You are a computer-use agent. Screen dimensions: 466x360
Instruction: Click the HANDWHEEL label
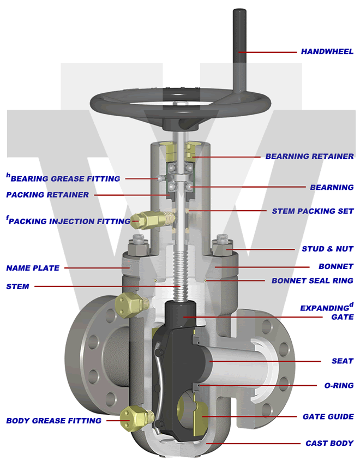(x=327, y=52)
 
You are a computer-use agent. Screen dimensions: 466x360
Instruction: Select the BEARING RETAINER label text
(x=309, y=156)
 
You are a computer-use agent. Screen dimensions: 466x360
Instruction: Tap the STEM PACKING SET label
(x=313, y=211)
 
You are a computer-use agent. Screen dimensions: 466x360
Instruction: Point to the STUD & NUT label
(x=327, y=249)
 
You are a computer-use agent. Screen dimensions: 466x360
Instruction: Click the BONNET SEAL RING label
(x=312, y=281)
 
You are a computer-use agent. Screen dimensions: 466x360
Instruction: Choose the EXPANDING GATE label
(x=326, y=312)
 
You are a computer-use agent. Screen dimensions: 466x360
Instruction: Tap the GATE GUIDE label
(x=328, y=417)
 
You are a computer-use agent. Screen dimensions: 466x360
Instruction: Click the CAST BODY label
(x=329, y=443)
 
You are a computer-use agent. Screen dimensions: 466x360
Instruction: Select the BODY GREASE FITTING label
(x=53, y=421)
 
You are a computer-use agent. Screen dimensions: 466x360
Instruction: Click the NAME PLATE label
(x=33, y=268)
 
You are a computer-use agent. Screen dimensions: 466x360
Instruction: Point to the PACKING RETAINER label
(x=47, y=195)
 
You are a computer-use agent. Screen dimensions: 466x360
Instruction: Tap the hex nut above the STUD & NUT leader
(x=224, y=243)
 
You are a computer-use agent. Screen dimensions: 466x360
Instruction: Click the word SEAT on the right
(x=343, y=361)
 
